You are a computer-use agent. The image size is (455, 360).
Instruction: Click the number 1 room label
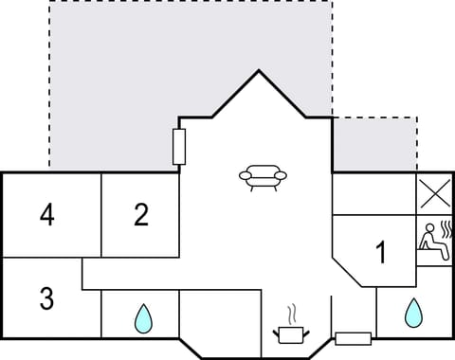[381, 253]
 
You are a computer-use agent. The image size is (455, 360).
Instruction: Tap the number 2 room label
[141, 216]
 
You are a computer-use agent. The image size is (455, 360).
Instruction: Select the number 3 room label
[46, 298]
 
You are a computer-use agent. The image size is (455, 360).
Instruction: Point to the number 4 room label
[46, 216]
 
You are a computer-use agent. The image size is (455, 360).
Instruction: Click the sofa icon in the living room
[260, 177]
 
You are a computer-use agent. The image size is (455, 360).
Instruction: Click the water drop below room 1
[412, 313]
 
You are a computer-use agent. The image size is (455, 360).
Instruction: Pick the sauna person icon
[433, 237]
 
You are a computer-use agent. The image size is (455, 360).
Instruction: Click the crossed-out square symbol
[434, 195]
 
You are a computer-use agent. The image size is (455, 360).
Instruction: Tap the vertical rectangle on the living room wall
[178, 147]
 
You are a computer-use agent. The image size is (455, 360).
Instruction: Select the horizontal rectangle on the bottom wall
[353, 338]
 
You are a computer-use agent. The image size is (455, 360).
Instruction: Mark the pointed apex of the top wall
[259, 70]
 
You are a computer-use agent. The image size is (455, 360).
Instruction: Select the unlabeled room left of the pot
[219, 322]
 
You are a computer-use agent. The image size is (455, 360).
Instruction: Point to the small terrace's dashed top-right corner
[417, 117]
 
